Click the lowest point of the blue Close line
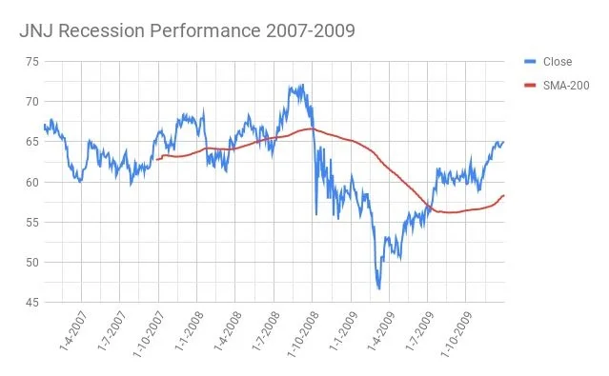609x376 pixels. (x=378, y=288)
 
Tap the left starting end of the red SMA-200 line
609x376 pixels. (x=157, y=159)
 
